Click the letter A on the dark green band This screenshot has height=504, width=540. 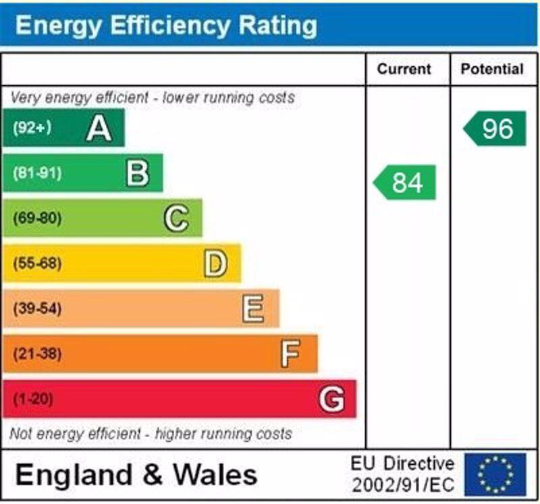[99, 128]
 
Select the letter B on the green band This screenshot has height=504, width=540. [138, 173]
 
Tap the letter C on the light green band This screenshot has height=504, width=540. [176, 218]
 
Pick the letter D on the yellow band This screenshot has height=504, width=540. [215, 263]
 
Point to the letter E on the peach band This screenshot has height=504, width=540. [253, 309]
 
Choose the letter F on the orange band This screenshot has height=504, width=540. [291, 353]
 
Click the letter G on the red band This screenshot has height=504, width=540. [331, 399]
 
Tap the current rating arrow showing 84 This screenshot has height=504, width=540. [405, 182]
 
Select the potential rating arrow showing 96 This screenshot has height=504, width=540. [495, 128]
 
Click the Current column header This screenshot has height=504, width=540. [404, 69]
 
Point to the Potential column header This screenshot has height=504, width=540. [492, 69]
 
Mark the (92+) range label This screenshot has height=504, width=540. [32, 128]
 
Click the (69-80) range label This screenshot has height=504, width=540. [37, 218]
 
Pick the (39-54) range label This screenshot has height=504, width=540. [37, 309]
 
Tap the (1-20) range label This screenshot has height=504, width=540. [33, 399]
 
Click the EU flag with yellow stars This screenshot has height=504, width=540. [495, 474]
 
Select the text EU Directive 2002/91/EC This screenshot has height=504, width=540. [402, 474]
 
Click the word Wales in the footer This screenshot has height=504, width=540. [215, 474]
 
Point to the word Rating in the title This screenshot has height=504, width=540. [277, 26]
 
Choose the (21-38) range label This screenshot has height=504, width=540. [37, 353]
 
